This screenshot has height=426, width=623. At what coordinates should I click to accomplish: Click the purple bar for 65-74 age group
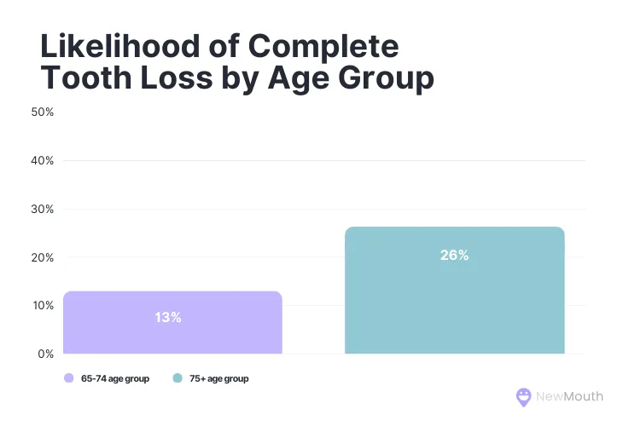[172, 332]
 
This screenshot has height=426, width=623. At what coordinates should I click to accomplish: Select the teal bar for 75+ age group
[454, 298]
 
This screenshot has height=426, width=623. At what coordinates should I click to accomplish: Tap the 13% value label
[168, 317]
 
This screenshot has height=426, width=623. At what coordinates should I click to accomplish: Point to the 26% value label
[454, 255]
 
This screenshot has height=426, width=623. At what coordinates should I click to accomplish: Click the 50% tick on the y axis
[43, 112]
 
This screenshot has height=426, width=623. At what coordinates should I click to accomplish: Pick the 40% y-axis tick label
[43, 160]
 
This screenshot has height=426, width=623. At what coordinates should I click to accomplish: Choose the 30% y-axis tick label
[43, 209]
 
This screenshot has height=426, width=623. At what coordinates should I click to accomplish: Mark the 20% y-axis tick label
[43, 257]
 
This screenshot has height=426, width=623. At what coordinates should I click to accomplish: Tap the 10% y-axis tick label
[43, 305]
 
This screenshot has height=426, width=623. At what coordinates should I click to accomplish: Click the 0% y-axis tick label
[45, 354]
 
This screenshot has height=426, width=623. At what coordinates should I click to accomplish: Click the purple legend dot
[67, 378]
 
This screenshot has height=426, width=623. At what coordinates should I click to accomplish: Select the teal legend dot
[177, 378]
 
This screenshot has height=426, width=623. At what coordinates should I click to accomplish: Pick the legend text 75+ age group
[218, 378]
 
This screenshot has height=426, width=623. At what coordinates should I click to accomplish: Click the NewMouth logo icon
[524, 396]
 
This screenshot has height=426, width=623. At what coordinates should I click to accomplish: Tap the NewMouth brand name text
[569, 396]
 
